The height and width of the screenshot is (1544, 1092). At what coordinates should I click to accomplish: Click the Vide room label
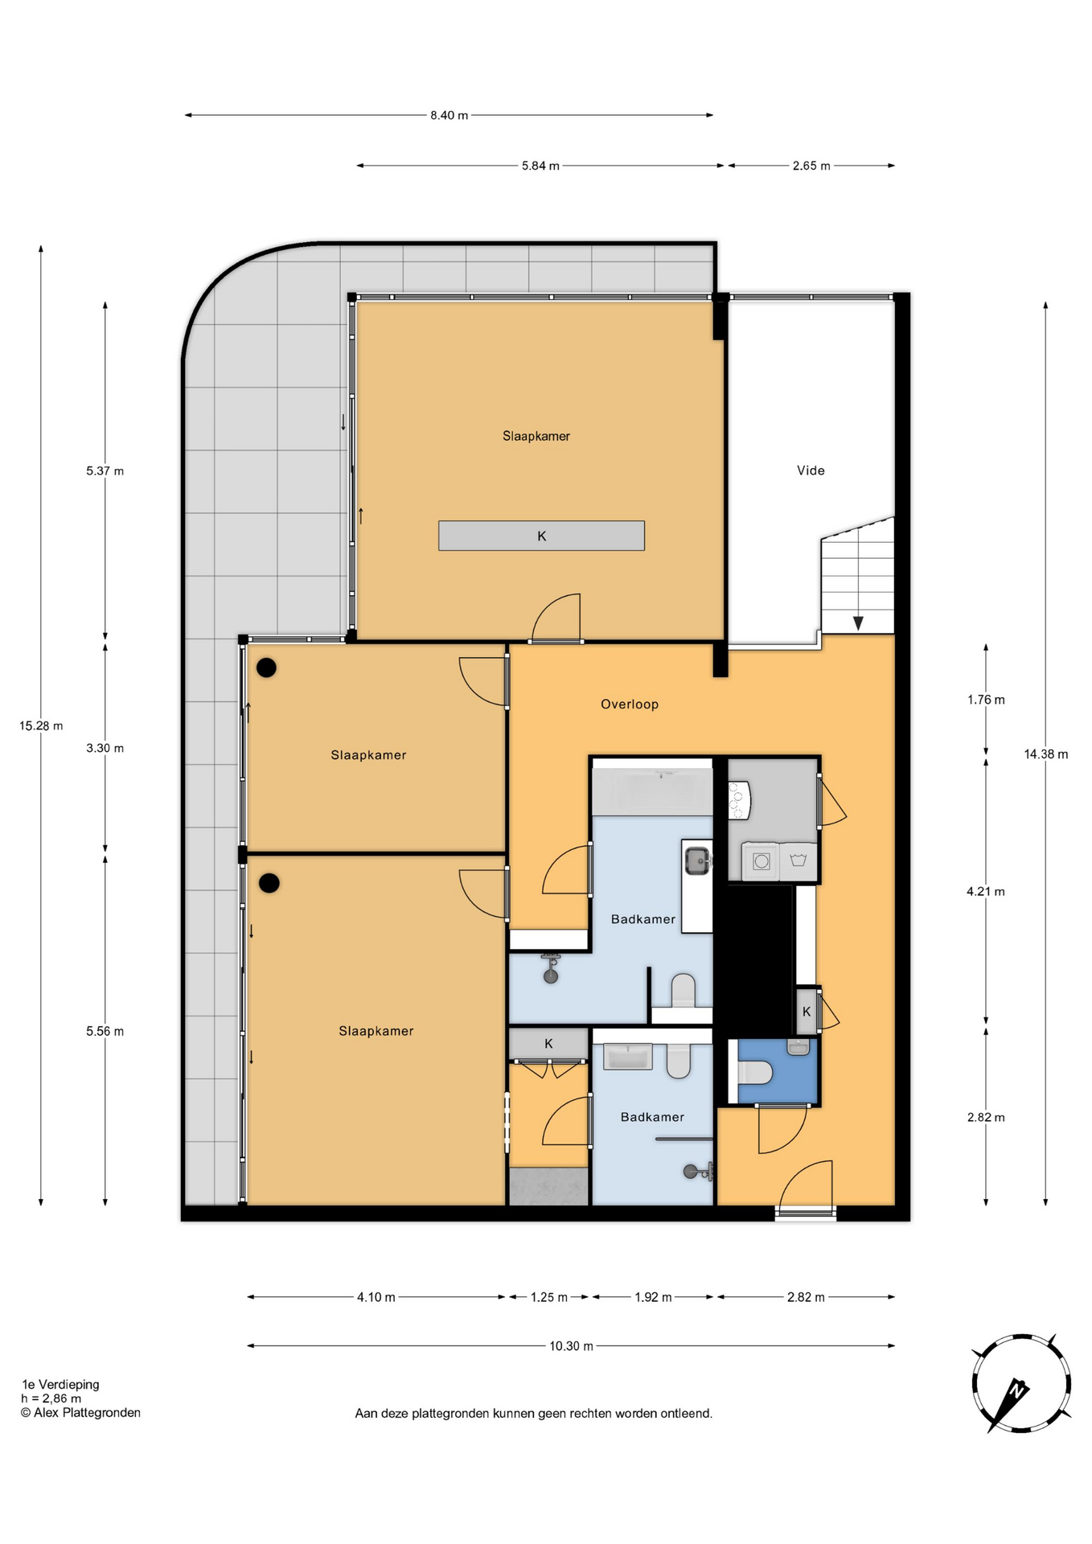tap(811, 470)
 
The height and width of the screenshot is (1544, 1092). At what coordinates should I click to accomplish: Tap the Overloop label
tap(630, 704)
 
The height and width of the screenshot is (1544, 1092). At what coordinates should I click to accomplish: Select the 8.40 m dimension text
tap(449, 115)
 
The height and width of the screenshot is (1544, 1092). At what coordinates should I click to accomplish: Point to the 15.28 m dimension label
tap(41, 725)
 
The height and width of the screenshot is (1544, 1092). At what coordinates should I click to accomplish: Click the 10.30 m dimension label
tap(571, 1345)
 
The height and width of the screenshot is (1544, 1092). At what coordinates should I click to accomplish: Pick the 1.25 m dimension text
tap(549, 1296)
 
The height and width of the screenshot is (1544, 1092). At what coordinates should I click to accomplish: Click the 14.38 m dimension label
tap(1046, 754)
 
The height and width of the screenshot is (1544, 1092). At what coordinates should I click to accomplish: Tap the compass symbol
tap(1021, 1383)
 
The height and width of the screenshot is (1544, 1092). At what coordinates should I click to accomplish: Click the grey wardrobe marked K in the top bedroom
tap(541, 536)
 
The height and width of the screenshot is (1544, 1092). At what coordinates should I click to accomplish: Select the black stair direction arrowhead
tap(858, 623)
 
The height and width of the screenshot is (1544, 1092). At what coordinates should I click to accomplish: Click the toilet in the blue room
tap(756, 1073)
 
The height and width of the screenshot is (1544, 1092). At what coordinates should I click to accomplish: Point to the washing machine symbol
tap(762, 862)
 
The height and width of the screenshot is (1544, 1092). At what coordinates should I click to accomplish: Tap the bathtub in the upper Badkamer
tap(652, 791)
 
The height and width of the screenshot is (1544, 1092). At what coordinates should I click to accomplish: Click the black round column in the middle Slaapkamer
tap(266, 667)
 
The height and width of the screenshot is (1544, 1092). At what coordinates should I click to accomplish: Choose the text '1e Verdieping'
tap(60, 1384)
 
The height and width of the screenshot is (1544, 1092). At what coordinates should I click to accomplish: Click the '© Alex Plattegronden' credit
tap(80, 1412)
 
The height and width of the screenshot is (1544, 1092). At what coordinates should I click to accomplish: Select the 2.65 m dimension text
tap(811, 166)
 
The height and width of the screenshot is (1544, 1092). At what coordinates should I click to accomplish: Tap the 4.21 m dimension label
tap(986, 891)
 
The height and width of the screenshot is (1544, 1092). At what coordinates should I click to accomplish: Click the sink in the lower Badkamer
tap(627, 1057)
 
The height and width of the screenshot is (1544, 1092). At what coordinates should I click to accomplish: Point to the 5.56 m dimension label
tap(105, 1031)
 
